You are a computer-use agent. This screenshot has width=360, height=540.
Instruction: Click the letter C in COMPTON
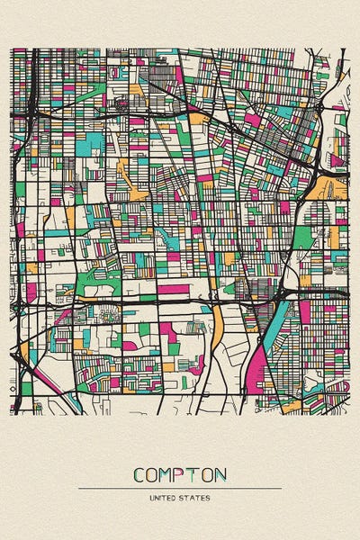[x=139, y=474]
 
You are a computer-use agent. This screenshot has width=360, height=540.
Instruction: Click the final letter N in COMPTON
[x=221, y=474]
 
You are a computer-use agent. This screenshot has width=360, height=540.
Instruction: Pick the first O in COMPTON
[x=154, y=474]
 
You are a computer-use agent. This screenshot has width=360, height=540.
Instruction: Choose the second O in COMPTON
[x=209, y=474]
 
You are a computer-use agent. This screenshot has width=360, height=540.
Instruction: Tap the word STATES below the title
[x=194, y=497]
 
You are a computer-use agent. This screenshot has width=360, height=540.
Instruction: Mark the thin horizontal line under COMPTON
[x=180, y=488]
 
